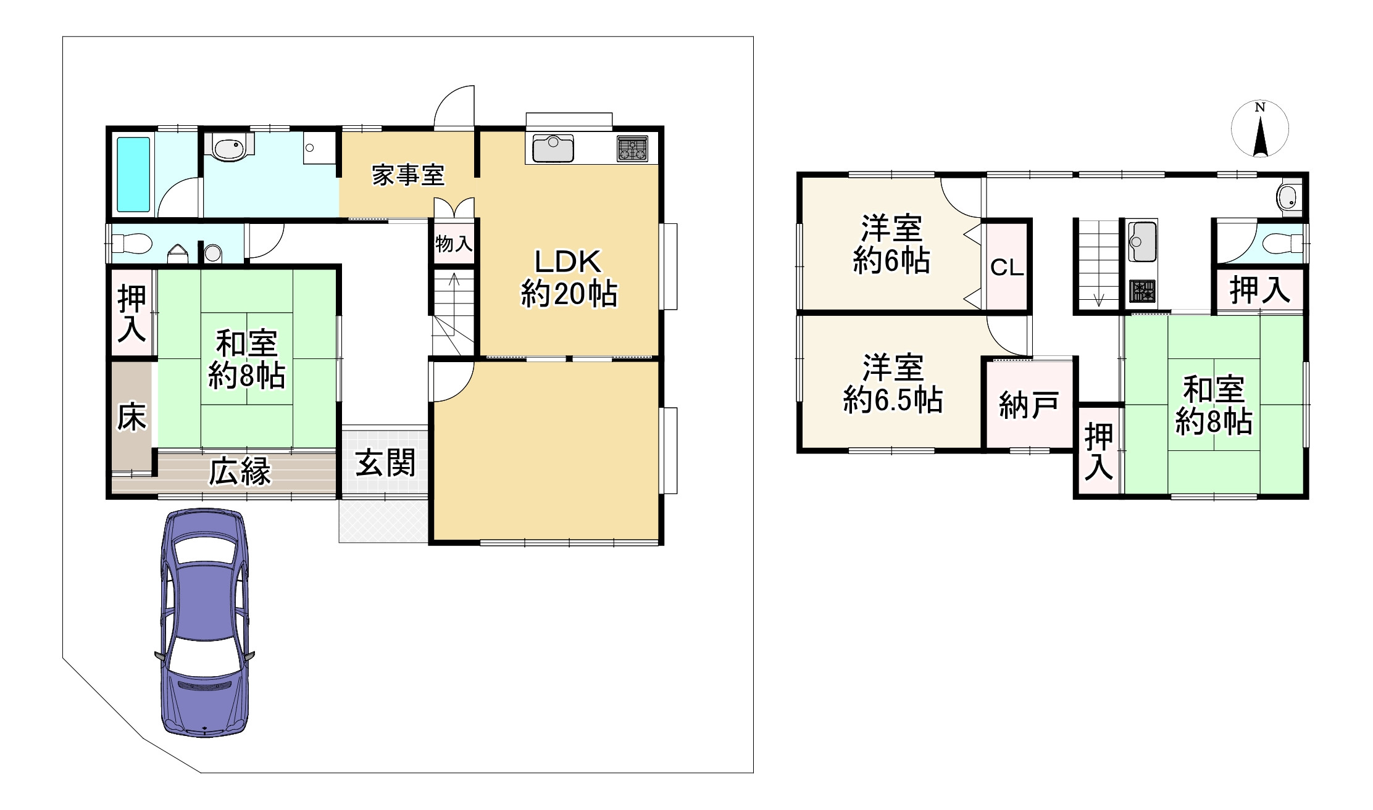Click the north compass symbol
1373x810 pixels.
(1259, 131)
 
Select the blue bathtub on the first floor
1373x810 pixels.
(133, 175)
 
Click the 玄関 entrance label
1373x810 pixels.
(385, 463)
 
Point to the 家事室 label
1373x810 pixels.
(407, 176)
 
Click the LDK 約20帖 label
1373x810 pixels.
(568, 278)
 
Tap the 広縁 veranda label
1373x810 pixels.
(240, 473)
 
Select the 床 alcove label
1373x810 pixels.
(131, 417)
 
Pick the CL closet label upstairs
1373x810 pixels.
(1007, 268)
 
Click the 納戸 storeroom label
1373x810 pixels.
(1029, 405)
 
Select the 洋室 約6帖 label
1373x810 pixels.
(891, 244)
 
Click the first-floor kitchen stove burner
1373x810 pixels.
(632, 149)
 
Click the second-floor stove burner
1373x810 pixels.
(1143, 291)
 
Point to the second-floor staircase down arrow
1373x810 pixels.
(1098, 299)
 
